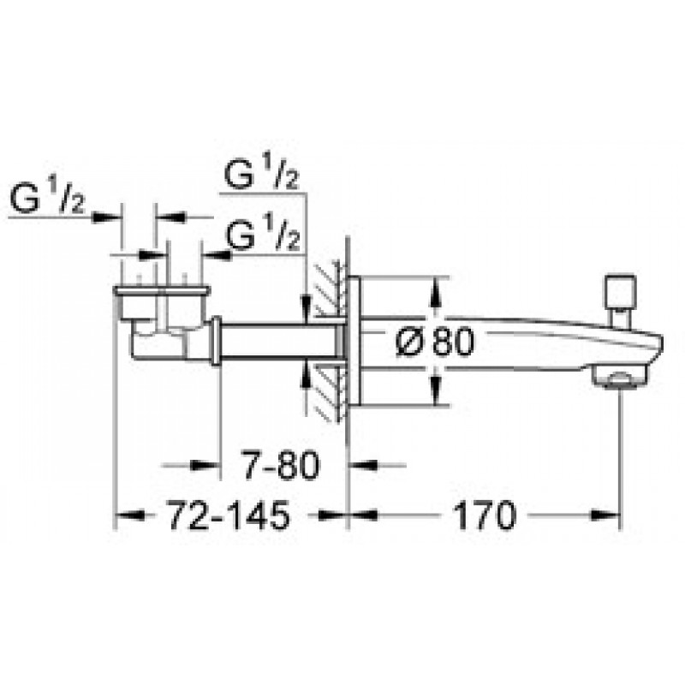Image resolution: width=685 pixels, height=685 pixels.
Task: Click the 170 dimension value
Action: [485, 515]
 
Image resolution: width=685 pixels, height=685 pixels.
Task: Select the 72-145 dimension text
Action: [229, 515]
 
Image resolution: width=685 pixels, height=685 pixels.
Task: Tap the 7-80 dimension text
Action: [282, 465]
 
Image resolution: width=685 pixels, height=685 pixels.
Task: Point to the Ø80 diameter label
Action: [434, 341]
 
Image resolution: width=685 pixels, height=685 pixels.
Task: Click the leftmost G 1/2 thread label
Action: [47, 200]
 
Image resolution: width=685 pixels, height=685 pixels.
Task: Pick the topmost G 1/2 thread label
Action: [261, 174]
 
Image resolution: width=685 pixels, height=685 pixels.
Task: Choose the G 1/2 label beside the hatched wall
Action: [264, 236]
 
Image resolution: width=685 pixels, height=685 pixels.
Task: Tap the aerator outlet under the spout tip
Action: [618, 377]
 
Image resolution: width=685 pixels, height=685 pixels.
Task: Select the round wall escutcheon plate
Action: [354, 341]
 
